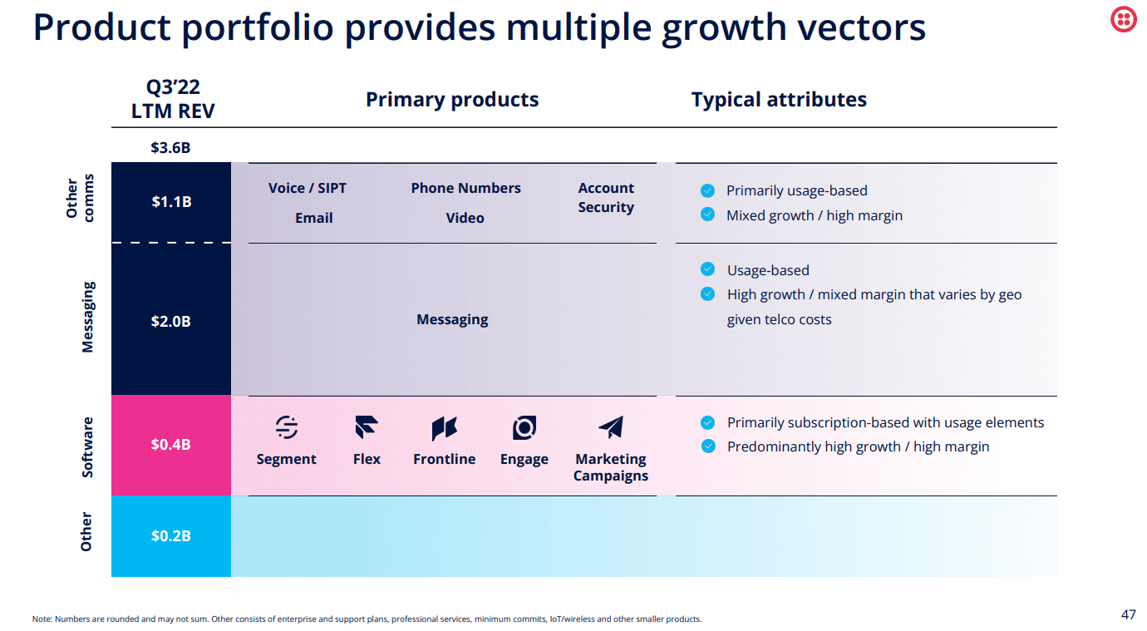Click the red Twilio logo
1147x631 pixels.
[x=1124, y=19]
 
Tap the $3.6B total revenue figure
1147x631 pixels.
[x=170, y=148]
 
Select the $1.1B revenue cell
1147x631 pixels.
[x=171, y=201]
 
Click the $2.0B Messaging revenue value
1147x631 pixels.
[x=170, y=321]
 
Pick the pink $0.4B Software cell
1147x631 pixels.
[x=170, y=445]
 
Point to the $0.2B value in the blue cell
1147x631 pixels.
[x=170, y=536]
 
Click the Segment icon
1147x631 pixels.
[x=287, y=427]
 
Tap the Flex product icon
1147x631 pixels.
[x=367, y=427]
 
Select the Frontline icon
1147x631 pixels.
[x=445, y=428]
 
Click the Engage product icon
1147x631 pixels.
[x=524, y=428]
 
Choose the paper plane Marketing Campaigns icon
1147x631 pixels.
[x=611, y=427]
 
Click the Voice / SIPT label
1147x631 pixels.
[x=308, y=188]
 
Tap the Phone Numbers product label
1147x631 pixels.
[x=465, y=188]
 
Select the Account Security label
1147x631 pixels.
[x=606, y=198]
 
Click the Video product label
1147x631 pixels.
[x=465, y=218]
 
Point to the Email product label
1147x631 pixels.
[x=314, y=218]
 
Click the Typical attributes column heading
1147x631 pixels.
[x=779, y=100]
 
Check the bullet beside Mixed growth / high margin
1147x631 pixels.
[x=707, y=214]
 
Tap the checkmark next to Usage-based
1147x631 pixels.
[x=707, y=269]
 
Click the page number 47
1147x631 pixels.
[x=1128, y=615]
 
